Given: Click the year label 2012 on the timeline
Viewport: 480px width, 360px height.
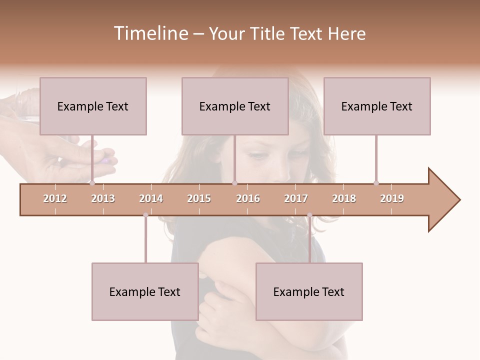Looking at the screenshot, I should (55, 198).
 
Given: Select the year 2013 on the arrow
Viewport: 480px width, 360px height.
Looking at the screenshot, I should (103, 198).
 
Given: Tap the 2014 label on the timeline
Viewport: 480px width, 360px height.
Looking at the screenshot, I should (151, 198).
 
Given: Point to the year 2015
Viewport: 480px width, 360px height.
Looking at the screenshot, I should (199, 198).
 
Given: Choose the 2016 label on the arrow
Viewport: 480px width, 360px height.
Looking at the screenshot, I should (248, 198).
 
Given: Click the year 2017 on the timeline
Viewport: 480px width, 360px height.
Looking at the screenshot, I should (296, 198).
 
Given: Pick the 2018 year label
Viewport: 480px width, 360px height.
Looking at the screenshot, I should (344, 198).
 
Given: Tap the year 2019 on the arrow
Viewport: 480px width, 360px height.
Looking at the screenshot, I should (392, 198).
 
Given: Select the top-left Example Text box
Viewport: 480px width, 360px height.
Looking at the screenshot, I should (93, 106).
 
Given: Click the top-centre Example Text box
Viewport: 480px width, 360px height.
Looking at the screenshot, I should (235, 106).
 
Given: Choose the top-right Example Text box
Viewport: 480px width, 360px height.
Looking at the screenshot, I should (377, 106).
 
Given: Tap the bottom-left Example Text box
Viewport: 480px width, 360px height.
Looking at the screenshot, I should (145, 291).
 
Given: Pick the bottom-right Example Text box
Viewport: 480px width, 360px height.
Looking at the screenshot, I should (309, 291).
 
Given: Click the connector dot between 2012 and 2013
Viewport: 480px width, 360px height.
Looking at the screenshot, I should (92, 183).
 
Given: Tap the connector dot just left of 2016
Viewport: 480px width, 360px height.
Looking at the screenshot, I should (234, 183).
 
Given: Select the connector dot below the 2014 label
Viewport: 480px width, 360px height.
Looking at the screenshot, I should (145, 215).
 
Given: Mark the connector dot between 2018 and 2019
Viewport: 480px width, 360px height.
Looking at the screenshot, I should (376, 183).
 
